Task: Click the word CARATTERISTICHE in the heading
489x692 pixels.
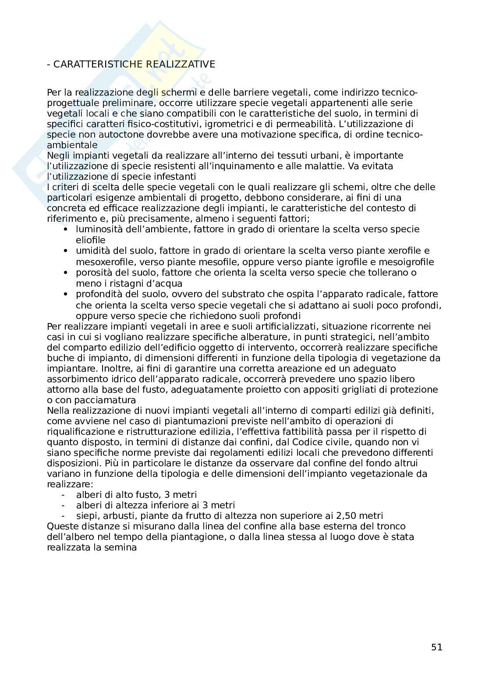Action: click(97, 64)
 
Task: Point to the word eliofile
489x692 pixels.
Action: click(91, 240)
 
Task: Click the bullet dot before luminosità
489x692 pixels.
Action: click(66, 230)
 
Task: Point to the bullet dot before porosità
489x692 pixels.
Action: click(66, 273)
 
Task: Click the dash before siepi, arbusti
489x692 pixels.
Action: click(64, 516)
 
